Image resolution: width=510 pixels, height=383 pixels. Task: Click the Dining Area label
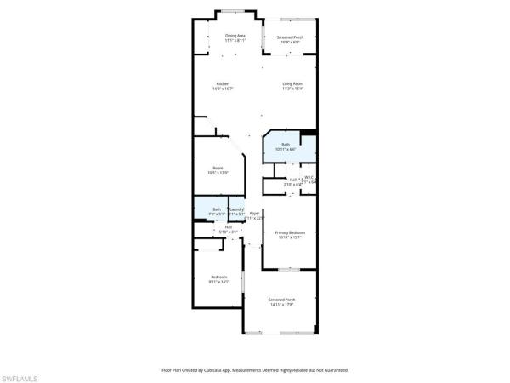pyautogui.click(x=235, y=35)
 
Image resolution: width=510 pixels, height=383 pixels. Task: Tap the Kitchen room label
pyautogui.click(x=222, y=83)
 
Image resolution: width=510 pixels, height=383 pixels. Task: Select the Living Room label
pyautogui.click(x=293, y=83)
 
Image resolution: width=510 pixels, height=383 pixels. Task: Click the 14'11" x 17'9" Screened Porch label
pyautogui.click(x=281, y=300)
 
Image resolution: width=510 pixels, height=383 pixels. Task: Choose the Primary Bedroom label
pyautogui.click(x=290, y=232)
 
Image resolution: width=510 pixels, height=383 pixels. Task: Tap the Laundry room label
pyautogui.click(x=237, y=209)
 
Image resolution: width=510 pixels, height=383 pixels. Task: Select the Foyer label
pyautogui.click(x=254, y=214)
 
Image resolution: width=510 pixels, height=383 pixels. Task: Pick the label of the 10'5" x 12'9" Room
pyautogui.click(x=218, y=168)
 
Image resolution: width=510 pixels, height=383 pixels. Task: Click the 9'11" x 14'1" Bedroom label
pyautogui.click(x=218, y=277)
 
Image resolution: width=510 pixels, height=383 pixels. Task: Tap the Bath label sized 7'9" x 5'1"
pyautogui.click(x=217, y=209)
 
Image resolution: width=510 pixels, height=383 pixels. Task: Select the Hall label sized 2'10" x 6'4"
pyautogui.click(x=292, y=179)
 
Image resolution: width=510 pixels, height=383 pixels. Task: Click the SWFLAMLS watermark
pyautogui.click(x=21, y=375)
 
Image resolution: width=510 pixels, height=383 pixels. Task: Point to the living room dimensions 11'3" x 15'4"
pyautogui.click(x=293, y=89)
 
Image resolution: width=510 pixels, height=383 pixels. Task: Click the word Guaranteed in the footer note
pyautogui.click(x=333, y=370)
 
